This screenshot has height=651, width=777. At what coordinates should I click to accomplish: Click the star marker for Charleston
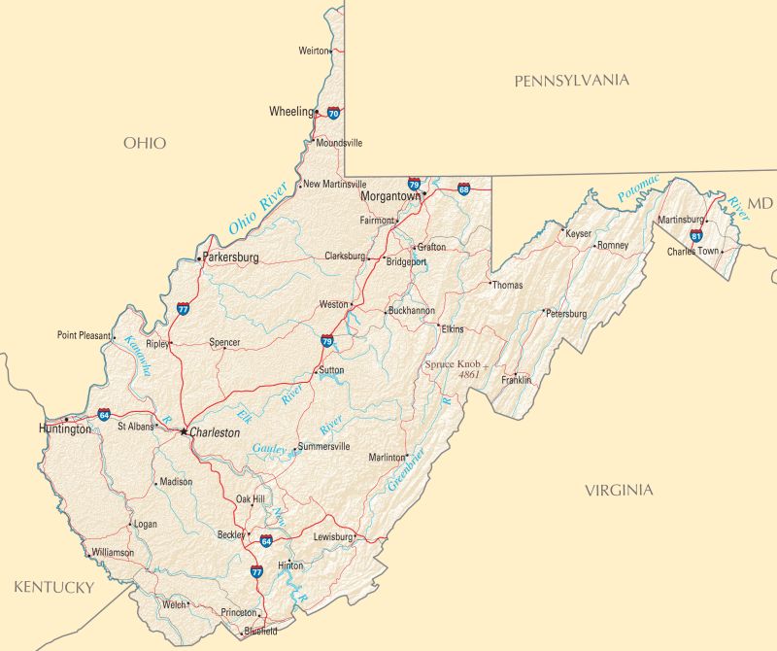coord(184,431)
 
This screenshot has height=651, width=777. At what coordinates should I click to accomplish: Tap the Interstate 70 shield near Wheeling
coord(334,113)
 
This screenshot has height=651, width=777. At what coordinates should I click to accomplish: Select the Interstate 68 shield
coord(464,188)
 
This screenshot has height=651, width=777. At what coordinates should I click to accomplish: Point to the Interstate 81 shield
coord(696,235)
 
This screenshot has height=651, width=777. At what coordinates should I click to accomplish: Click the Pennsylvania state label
coord(571,81)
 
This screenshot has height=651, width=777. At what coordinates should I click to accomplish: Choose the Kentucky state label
coord(53,587)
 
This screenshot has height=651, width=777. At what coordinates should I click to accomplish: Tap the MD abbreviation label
coord(760,203)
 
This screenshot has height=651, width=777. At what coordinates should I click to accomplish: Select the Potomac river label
coord(638,189)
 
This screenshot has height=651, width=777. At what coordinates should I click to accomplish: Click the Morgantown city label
coord(390,195)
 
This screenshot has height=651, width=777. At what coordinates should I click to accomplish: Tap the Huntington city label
coord(65,428)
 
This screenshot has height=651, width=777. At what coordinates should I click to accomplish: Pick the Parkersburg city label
coord(231,258)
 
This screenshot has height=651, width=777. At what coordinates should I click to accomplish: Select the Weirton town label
coord(313,50)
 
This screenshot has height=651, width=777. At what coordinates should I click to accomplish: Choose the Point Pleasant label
coord(84,335)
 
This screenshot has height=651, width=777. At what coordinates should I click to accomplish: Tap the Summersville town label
coord(323,447)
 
